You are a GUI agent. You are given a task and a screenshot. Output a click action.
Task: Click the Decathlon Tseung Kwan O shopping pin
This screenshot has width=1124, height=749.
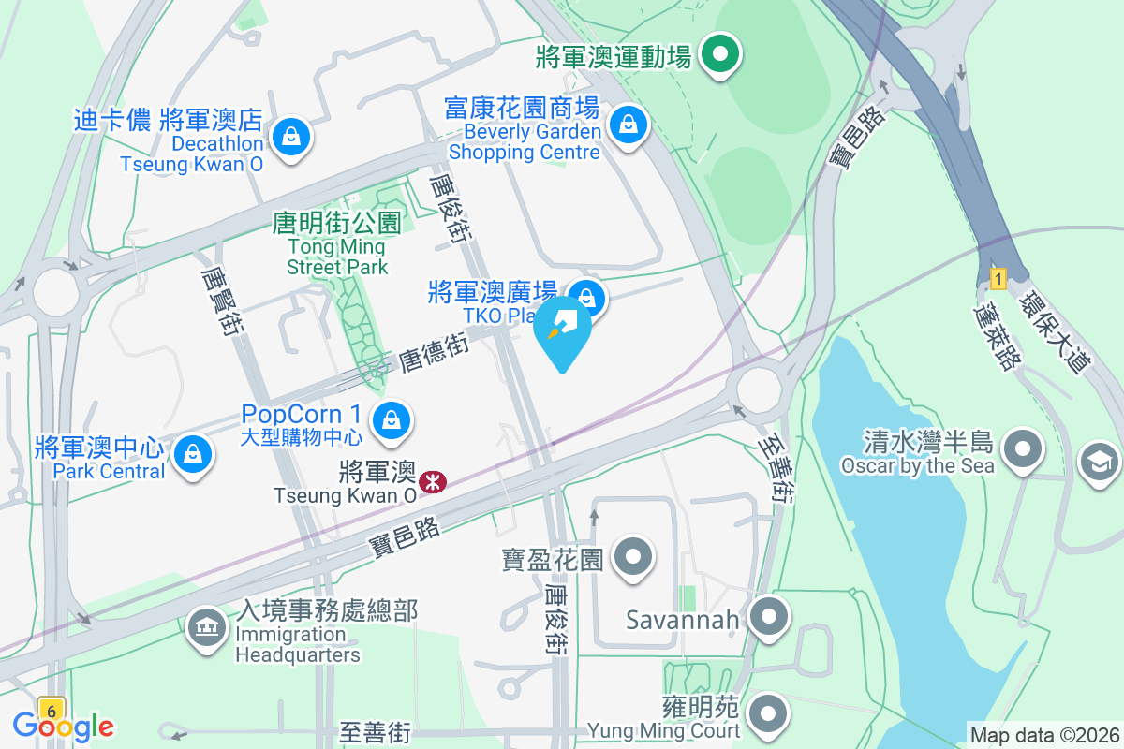292,137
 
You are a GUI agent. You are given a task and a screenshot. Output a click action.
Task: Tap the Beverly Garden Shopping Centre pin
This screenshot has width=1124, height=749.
626,125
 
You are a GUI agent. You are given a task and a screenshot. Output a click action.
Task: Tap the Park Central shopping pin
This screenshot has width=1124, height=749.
193,453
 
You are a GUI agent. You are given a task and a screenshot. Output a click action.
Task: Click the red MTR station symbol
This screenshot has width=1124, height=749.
433,482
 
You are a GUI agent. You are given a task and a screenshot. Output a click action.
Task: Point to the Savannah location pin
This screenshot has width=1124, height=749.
770,617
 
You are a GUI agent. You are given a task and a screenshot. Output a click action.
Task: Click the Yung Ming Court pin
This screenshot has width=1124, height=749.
770,713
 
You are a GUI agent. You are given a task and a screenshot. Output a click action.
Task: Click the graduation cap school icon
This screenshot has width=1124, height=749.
1098,461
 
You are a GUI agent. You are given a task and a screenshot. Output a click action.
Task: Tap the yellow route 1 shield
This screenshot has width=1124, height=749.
998,278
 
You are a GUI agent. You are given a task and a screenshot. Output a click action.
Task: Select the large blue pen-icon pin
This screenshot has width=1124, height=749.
563,330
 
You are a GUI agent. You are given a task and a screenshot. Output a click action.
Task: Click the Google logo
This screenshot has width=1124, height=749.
63,726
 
